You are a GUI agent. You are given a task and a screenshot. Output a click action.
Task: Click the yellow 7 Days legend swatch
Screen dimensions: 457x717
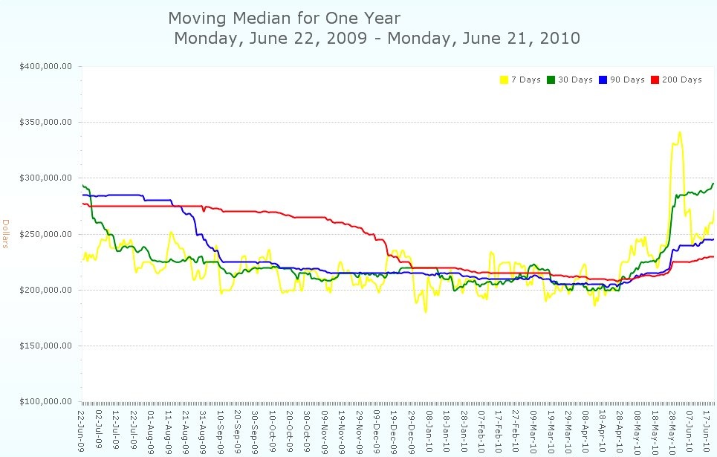[505, 80]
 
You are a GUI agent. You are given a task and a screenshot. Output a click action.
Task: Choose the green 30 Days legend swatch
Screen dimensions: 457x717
[551, 80]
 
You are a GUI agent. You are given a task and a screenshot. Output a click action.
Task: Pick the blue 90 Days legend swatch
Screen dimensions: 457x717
[603, 80]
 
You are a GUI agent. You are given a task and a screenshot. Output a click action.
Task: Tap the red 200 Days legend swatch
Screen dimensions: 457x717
[655, 80]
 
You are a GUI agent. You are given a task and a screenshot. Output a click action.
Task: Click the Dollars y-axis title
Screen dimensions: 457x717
[6, 234]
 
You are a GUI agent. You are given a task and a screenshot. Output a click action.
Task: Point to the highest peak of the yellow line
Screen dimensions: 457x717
[679, 132]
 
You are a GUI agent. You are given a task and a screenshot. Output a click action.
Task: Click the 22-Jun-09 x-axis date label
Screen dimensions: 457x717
[82, 430]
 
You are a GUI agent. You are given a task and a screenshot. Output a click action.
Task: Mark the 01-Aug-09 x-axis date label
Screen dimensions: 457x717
[152, 430]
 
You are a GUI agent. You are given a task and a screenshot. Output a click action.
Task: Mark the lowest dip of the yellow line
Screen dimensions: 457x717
[426, 312]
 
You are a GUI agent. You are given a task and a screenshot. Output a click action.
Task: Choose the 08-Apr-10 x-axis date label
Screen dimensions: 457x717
[585, 430]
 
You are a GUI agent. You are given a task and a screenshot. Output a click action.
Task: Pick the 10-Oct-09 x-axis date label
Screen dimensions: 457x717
[273, 430]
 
